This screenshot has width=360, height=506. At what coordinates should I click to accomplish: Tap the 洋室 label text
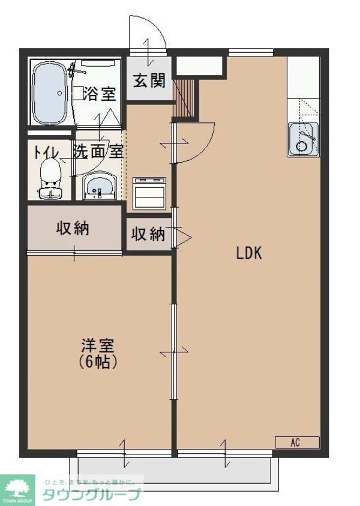pos(97,346)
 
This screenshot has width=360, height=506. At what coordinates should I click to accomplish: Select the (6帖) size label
pos(97,362)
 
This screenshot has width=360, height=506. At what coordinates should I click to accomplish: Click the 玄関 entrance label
pos(148,80)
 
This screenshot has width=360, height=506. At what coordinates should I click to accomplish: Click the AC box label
pos(295,442)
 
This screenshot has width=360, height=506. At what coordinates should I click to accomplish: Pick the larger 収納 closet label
pos(73,228)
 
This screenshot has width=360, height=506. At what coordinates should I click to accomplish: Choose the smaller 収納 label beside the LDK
pos(148,234)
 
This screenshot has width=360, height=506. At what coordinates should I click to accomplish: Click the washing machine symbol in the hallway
pos(148,192)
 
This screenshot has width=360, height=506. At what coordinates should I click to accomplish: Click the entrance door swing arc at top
pos(148,35)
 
